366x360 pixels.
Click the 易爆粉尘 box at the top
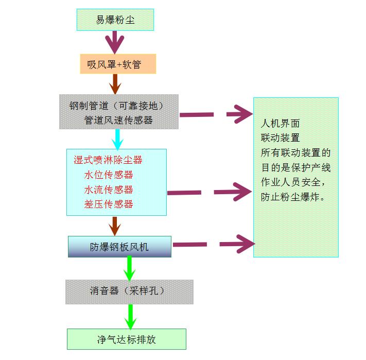[115, 20]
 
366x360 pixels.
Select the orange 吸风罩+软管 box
[118, 64]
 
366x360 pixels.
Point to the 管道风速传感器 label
[118, 120]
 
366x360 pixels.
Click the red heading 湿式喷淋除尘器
[108, 160]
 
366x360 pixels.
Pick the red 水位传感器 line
[109, 175]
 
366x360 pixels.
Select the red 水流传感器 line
[109, 190]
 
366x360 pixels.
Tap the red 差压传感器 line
[109, 204]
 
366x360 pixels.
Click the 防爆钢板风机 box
[119, 247]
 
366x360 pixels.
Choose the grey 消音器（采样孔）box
[129, 291]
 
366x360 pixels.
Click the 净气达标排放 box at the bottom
[126, 339]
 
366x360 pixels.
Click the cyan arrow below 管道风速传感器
[118, 139]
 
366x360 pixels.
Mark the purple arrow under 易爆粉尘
[115, 41]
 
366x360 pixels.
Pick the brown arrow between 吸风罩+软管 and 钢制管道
[115, 83]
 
